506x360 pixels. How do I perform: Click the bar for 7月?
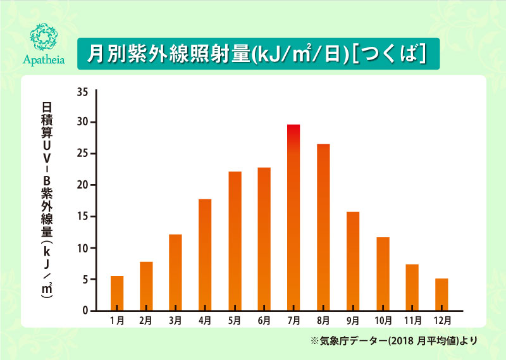coord(293,218)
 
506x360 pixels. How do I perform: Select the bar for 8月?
coord(323,227)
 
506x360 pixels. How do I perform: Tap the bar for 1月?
coord(117,293)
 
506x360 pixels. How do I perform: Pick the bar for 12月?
coord(441,294)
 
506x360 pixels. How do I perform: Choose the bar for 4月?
coord(205,255)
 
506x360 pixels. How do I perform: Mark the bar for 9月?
coord(353,261)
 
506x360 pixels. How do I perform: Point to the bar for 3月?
coord(175,273)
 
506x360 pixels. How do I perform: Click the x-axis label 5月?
coord(235,321)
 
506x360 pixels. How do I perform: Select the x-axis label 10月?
coord(383,321)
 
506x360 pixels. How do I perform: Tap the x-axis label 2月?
coord(145,321)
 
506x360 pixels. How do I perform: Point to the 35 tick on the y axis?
coord(82,92)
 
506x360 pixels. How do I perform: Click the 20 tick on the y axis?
coord(82,185)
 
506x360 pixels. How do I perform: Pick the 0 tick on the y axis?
coord(85,311)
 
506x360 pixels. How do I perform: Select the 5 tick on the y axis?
coord(85,280)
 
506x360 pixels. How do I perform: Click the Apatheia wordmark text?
coord(44,60)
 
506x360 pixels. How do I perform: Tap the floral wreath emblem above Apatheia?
coord(44,37)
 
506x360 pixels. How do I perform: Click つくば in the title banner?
coord(389,54)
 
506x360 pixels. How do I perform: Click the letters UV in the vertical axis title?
coord(47,152)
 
